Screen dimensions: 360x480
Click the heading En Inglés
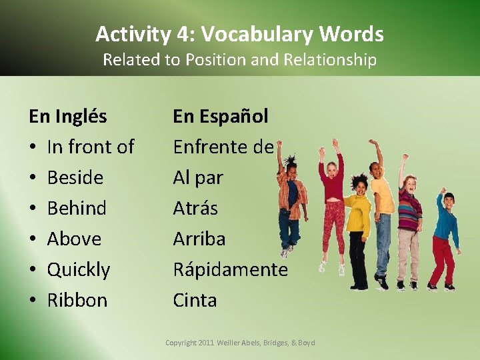click(67, 116)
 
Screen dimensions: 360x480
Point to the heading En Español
click(221, 116)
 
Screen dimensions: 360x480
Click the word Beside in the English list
click(75, 177)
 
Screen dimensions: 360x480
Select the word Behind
click(77, 208)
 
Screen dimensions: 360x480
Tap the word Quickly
click(79, 269)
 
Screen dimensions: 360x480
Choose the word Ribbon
click(77, 300)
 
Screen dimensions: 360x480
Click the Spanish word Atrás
click(195, 208)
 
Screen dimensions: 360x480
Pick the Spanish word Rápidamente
click(230, 269)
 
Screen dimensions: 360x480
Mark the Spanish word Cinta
click(195, 300)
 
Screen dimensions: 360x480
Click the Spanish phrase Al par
click(198, 177)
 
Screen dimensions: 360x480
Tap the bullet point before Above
click(33, 239)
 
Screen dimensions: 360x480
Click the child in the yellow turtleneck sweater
click(358, 220)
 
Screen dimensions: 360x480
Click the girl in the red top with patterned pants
click(331, 200)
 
